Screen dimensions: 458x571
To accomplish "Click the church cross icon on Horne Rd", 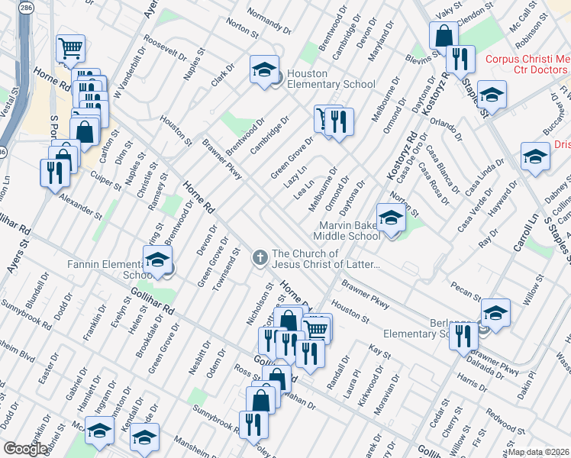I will click(260, 258).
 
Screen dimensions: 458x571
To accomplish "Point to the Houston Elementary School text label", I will click(331, 79).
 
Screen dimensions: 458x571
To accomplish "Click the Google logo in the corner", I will click(25, 448).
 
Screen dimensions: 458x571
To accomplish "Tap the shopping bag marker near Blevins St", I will click(443, 35).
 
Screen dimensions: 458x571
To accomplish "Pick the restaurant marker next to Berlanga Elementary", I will click(463, 336).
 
